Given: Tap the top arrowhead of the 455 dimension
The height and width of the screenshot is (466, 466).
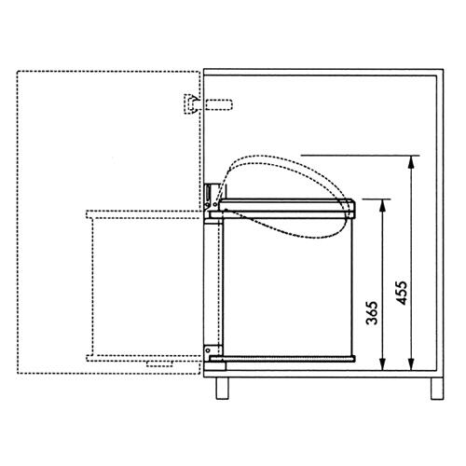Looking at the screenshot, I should click(x=410, y=160).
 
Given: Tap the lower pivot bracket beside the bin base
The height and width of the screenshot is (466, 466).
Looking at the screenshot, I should click(x=211, y=351).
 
